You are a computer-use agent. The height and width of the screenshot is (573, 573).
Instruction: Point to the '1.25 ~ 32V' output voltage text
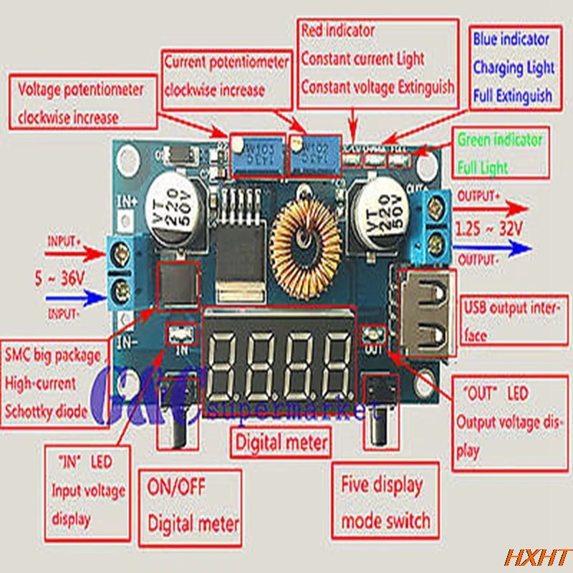(x=490, y=230)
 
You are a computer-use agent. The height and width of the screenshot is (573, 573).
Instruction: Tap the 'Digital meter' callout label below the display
(x=281, y=443)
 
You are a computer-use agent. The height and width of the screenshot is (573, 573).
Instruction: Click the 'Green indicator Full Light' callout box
(x=500, y=153)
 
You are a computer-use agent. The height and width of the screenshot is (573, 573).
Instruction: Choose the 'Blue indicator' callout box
(x=513, y=67)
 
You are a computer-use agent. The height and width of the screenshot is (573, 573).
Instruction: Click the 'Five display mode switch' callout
(x=385, y=501)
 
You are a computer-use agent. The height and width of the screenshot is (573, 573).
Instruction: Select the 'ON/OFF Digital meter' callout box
(x=193, y=504)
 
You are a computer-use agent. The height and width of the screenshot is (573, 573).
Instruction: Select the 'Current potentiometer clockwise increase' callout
(x=226, y=77)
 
